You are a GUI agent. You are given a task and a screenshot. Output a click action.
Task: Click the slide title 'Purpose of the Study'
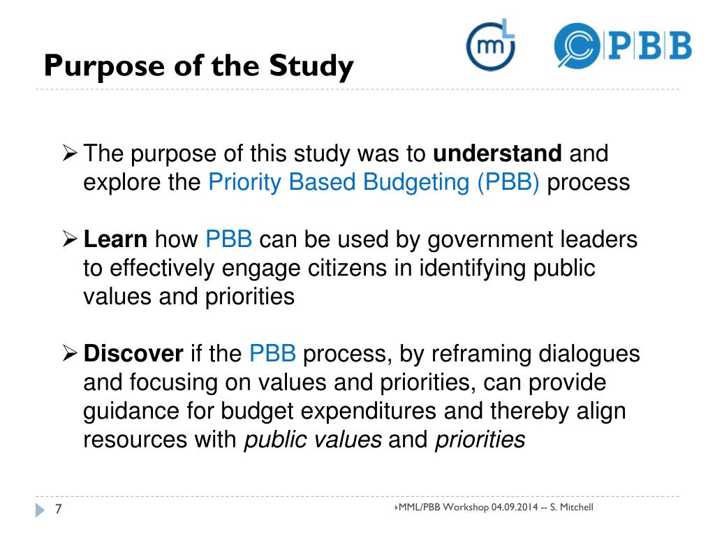(198, 67)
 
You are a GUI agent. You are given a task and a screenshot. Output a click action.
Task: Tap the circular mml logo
(490, 46)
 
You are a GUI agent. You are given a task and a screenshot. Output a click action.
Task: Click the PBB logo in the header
(622, 46)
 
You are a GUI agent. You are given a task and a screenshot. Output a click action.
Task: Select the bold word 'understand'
(498, 154)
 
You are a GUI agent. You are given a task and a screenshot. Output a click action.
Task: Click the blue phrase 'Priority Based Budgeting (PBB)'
(374, 183)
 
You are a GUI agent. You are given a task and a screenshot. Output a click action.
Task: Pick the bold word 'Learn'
(115, 240)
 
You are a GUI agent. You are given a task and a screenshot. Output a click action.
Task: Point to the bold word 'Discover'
(133, 354)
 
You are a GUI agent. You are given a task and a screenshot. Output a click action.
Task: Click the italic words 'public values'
(313, 440)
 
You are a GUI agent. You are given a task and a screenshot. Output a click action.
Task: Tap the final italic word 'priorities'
(480, 440)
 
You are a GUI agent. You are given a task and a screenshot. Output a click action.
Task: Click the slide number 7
(59, 510)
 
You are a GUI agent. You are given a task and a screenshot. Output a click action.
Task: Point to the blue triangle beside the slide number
(40, 510)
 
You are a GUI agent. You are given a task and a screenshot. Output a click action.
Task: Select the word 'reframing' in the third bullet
(480, 354)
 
